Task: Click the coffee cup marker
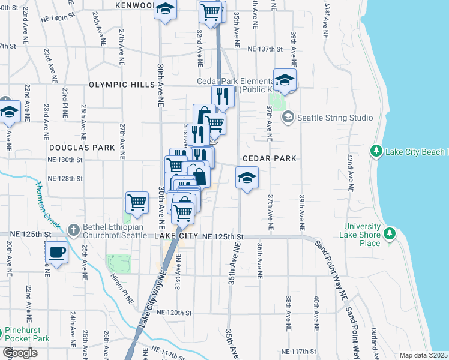pyautogui.click(x=57, y=252)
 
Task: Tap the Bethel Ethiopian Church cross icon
pyautogui.click(x=73, y=229)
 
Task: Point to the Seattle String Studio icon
pyautogui.click(x=288, y=117)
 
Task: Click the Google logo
pyautogui.click(x=20, y=353)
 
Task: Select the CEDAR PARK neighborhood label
pyautogui.click(x=270, y=158)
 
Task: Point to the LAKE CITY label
pyautogui.click(x=177, y=237)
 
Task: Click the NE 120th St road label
pyautogui.click(x=173, y=313)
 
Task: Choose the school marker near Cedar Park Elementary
pyautogui.click(x=285, y=79)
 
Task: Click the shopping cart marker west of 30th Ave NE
pyautogui.click(x=137, y=202)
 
